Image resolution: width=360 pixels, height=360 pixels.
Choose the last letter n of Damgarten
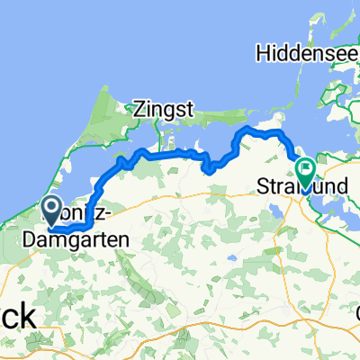[x=122, y=239]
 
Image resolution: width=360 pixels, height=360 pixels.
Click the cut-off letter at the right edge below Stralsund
[x=356, y=316]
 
